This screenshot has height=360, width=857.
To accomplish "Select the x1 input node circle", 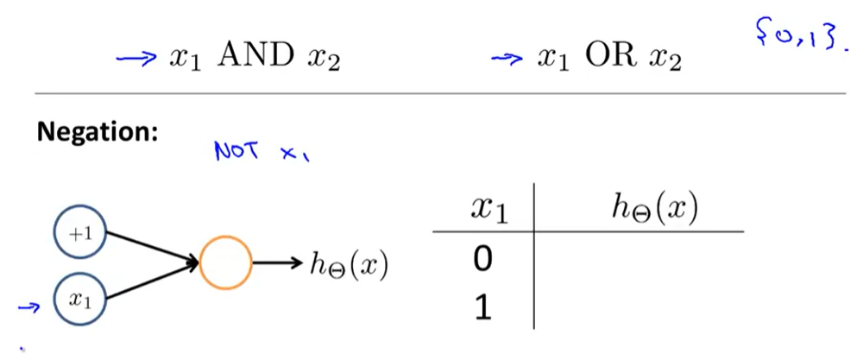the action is tap(79, 300).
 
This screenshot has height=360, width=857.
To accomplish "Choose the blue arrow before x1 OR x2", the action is tap(508, 60).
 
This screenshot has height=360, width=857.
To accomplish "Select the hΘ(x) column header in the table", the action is tap(654, 209).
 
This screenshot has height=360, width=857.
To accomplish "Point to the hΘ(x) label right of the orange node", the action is tap(348, 265).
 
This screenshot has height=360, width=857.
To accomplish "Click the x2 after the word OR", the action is tap(666, 62).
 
